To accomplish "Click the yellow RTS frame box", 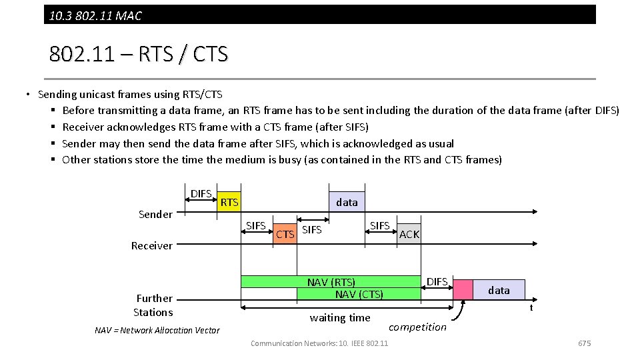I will coord(229,202).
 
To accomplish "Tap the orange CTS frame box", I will coord(285,234).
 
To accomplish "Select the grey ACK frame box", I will coord(409,234).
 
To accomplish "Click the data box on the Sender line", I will coord(347,202).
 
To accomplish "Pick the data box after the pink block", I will coord(499,290).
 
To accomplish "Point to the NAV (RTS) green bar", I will coord(331,282).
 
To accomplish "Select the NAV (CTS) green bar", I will coord(359,294).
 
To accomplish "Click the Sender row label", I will coord(155,214).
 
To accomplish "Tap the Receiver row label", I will coord(151,245).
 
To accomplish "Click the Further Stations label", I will coord(153,305).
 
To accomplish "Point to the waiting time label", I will coord(340,318).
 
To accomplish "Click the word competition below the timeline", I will coord(417,327).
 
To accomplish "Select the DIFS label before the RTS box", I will coord(201,193).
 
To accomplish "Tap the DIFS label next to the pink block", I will coord(437,281).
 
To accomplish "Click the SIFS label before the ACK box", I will coord(380,225).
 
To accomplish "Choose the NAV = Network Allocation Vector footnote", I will coord(157,330).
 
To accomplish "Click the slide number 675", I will coord(584,343).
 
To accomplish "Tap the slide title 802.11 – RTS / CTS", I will coord(138,54).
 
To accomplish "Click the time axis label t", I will coord(531,307).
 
